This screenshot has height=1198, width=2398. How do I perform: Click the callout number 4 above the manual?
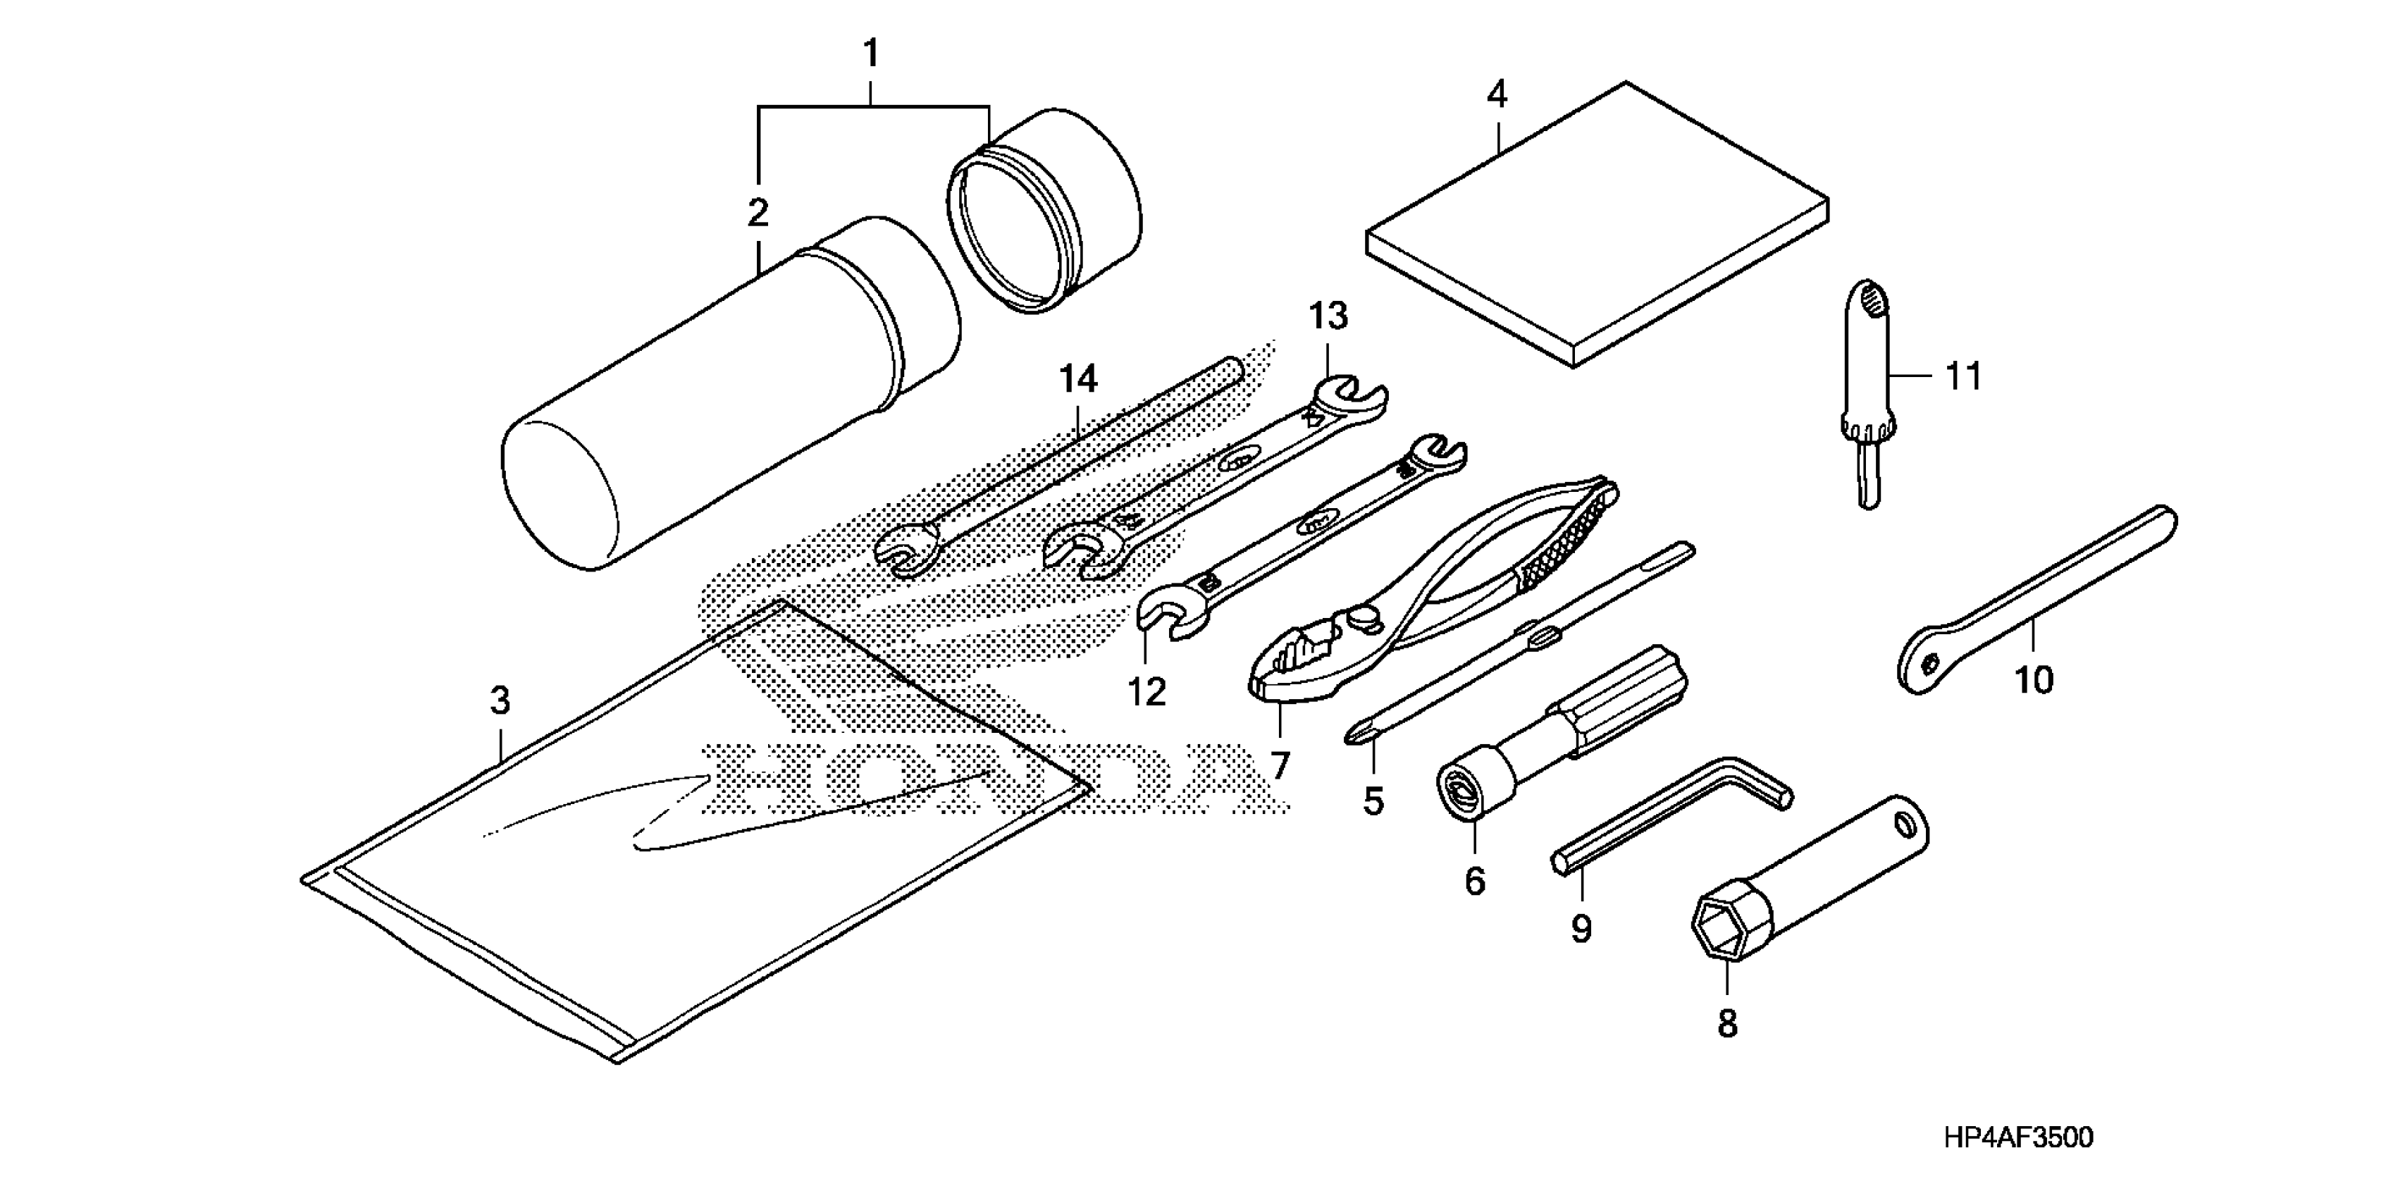click(1497, 96)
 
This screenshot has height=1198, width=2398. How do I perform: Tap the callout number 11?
click(1963, 377)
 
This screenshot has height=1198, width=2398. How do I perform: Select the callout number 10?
click(2033, 681)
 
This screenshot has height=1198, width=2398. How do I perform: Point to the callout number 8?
click(1727, 1024)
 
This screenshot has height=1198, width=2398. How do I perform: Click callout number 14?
click(1078, 379)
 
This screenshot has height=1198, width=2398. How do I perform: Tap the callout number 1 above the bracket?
click(871, 54)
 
